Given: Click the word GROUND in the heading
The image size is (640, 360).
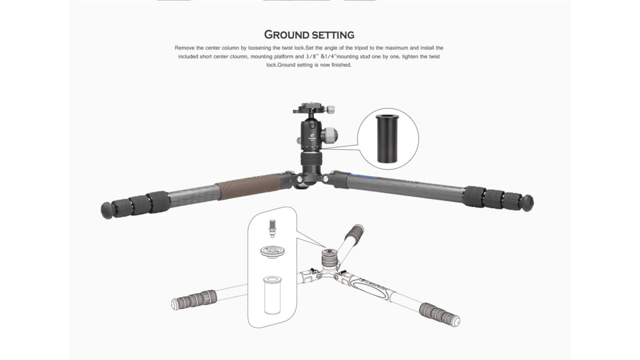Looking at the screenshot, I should (x=287, y=35).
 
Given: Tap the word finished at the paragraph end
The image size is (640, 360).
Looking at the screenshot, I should (x=340, y=65).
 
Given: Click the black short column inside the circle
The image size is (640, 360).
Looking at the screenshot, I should (x=388, y=138).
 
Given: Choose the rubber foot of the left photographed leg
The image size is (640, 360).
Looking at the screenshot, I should (x=107, y=209).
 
